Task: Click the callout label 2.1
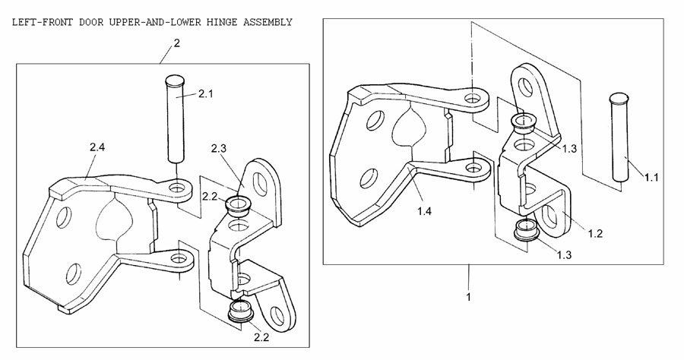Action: click(207, 94)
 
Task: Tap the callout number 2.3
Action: click(220, 147)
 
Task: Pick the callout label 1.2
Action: click(595, 233)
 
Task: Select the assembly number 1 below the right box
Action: click(469, 296)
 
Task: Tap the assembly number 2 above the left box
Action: click(177, 43)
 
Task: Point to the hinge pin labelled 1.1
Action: click(619, 137)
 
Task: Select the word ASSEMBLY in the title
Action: click(267, 22)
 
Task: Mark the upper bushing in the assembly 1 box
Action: click(524, 123)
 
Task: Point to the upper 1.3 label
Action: click(572, 148)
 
